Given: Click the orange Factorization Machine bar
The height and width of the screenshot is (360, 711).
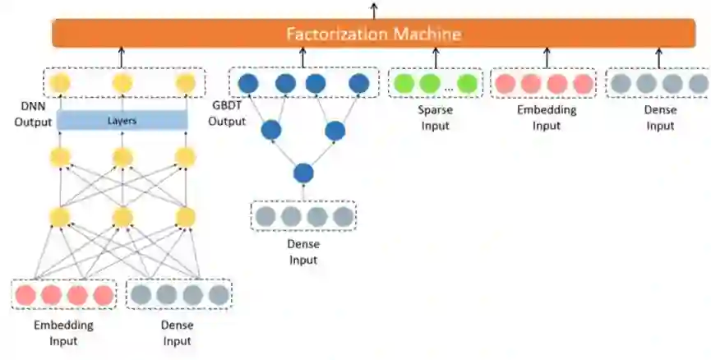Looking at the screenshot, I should coord(373,34).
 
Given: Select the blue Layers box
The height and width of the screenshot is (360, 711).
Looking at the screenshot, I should coord(122,120).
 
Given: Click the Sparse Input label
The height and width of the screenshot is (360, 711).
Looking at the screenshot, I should coord(436,117).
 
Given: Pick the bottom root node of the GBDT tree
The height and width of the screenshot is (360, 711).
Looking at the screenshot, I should coord(304,173).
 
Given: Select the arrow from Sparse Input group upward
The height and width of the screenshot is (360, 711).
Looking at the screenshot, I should coord(436,57).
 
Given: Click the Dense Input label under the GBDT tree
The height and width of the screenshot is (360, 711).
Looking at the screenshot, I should coord(304,252).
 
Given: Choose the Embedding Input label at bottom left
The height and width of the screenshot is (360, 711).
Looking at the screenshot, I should coord(63,332).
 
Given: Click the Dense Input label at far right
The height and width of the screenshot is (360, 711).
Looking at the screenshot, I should coord(660,117).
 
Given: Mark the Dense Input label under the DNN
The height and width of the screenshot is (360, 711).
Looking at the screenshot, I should coord(177,332).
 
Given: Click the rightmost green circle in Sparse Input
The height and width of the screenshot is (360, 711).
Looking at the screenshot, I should coord(467,83).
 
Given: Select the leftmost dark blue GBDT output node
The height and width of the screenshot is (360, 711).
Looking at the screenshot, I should coord(247,83).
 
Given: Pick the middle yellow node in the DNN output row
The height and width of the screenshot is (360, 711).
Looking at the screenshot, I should coord(122,83).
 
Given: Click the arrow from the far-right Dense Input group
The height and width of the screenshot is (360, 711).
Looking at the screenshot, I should coord(658,57).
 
